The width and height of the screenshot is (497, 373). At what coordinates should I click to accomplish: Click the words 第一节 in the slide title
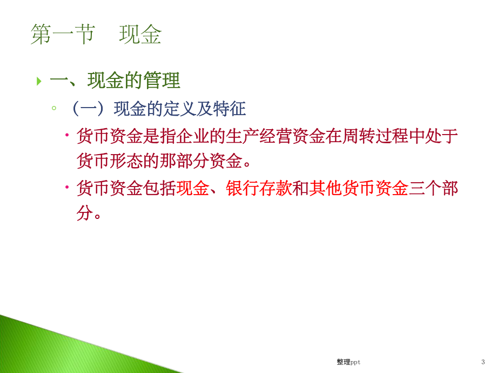coord(63,35)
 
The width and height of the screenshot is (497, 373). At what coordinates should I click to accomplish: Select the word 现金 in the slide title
coord(140,35)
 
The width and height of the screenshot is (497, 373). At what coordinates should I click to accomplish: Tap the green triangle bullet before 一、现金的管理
coord(39,81)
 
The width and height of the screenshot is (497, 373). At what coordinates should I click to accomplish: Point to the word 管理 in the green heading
coord(162,81)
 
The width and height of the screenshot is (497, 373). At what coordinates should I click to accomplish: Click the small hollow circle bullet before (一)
coord(54,108)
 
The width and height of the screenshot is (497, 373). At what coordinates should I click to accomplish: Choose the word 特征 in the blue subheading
coord(230,109)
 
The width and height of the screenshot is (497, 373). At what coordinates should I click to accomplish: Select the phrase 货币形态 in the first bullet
coord(110,161)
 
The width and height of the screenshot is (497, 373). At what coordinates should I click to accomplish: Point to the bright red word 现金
coord(193,188)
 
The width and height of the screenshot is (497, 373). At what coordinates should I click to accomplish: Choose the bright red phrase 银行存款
coord(259,188)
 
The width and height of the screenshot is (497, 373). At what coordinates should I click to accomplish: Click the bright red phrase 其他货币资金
coord(359,188)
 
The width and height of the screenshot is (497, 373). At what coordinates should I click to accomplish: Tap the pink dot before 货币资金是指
coord(67,135)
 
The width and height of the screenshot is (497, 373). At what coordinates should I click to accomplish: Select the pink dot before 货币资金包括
coord(67,187)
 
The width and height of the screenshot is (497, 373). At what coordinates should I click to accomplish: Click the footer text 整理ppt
coord(348,362)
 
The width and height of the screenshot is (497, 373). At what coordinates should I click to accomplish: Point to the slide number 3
coord(483,362)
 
